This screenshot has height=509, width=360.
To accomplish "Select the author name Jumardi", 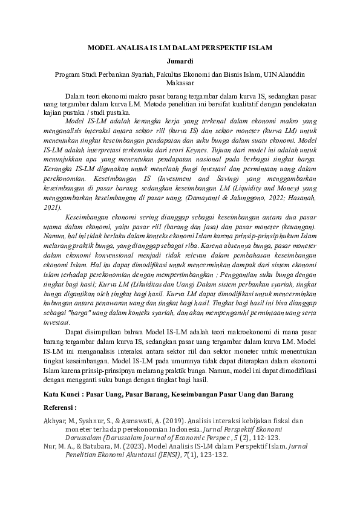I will (x=180, y=61).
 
